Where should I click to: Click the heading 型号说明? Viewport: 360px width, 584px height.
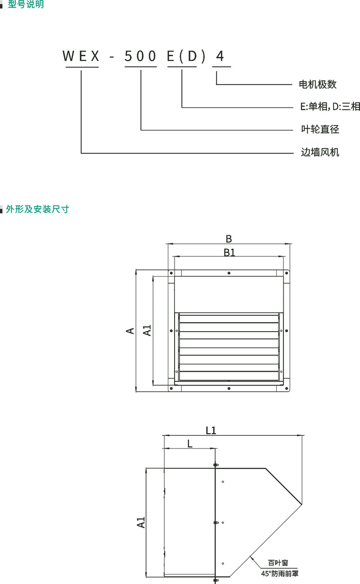point(26,4)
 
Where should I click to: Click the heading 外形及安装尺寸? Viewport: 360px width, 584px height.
point(37,209)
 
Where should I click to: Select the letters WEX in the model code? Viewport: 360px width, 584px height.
point(81,56)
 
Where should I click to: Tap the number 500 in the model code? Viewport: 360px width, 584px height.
point(140,56)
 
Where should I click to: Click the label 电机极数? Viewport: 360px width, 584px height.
point(318,85)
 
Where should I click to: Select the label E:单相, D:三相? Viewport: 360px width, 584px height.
point(330,107)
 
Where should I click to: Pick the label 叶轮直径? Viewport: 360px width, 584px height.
point(320,129)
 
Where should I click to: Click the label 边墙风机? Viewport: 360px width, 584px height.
point(320,152)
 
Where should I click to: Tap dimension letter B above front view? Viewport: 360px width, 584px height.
point(229,238)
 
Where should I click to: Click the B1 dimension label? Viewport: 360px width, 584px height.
point(229,252)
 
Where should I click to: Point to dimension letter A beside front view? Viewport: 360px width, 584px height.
point(130,331)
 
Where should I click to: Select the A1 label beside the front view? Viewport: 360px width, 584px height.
point(147,330)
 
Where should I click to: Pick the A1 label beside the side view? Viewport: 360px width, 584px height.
point(141,522)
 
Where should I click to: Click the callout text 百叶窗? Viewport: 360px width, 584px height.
point(278,563)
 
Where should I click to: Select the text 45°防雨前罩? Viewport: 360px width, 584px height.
point(280,574)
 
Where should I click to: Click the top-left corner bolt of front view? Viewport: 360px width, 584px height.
point(171,273)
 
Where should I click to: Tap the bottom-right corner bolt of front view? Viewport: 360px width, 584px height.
point(287,388)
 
